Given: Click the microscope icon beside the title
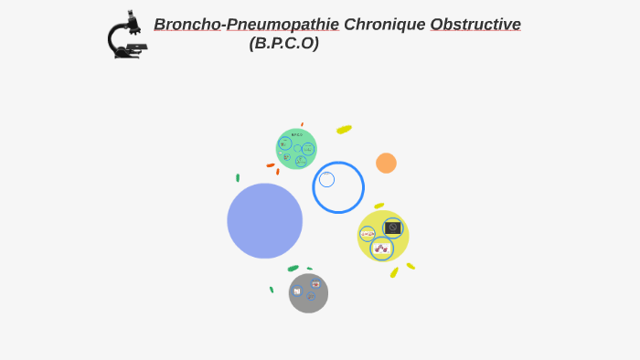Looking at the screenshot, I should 125,36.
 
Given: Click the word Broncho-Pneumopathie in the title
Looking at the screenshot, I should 246,25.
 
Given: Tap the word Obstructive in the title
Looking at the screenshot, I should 475,25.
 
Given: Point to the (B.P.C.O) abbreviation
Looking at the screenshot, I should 284,43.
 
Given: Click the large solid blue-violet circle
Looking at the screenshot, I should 264,221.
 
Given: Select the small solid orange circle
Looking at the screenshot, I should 386,163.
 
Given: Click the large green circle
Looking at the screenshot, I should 296,149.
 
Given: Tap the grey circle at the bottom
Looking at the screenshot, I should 308,293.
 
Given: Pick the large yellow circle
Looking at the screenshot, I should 382,236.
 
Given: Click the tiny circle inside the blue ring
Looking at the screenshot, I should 326,179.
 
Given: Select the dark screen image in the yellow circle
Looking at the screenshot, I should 392,228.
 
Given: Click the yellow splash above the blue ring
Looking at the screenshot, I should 344,130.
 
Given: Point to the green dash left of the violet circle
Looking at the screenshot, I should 238,178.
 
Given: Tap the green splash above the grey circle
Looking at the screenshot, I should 293,269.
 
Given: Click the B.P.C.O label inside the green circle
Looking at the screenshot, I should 297,135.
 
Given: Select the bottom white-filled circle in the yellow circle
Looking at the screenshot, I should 381,249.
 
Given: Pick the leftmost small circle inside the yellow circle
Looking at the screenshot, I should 367,234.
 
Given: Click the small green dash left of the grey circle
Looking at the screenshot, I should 272,290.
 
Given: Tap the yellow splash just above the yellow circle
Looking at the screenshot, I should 379,206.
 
